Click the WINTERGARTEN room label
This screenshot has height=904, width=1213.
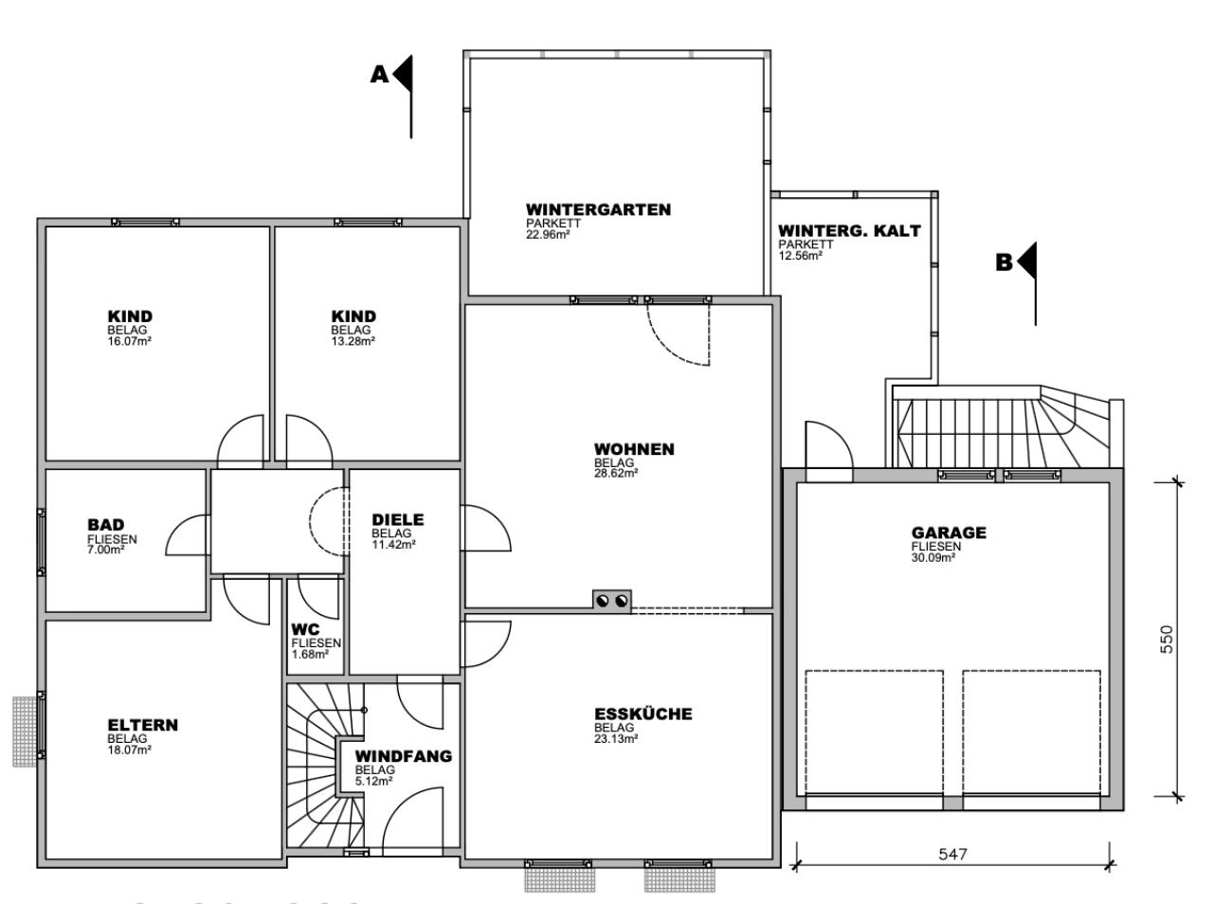pos(599,209)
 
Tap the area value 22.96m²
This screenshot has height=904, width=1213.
pos(548,234)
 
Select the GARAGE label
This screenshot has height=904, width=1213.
pos(949,533)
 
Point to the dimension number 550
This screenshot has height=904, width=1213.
pos(1166,640)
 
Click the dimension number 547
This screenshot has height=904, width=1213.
pos(952,855)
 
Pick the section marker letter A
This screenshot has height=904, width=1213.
pos(379,75)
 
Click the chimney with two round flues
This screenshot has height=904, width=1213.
pos(612,601)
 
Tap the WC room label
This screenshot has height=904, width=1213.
pos(305,630)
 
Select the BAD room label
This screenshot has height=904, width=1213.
pos(105,524)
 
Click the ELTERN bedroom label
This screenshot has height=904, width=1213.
pos(142,725)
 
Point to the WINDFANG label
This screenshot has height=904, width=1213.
pos(404,756)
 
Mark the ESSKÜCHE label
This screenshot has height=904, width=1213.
pos(643,714)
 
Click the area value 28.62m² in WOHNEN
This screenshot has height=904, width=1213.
pos(616,474)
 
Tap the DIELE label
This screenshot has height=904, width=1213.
pos(398,519)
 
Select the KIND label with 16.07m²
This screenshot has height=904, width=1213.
pos(130,316)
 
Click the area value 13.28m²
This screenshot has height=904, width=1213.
pos(353,341)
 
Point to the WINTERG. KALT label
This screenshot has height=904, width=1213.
pos(849,230)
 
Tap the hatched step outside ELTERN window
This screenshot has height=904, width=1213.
pos(25,732)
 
